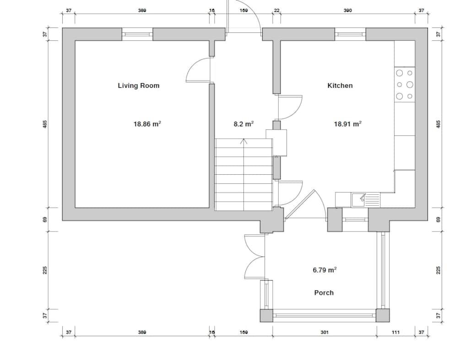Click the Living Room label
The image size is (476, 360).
click(138, 86)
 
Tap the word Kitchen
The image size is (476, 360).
click(340, 86)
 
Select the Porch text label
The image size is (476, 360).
click(324, 293)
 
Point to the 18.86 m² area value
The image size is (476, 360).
click(147, 124)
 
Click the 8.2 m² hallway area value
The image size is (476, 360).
click(243, 124)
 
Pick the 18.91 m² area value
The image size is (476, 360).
click(347, 124)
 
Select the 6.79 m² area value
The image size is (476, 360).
click(325, 270)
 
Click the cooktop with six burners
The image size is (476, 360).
click(405, 85)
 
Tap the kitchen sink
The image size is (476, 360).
click(366, 199)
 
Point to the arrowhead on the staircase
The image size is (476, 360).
click(244, 141)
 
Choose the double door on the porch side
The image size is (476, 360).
click(254, 256)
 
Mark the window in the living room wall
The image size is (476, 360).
click(137, 34)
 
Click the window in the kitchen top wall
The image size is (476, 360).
click(350, 34)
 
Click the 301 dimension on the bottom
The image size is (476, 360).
click(324, 333)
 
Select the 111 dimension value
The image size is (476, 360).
click(396, 333)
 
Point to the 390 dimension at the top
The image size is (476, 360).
click(347, 11)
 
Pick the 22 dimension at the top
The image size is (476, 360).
click(276, 11)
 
